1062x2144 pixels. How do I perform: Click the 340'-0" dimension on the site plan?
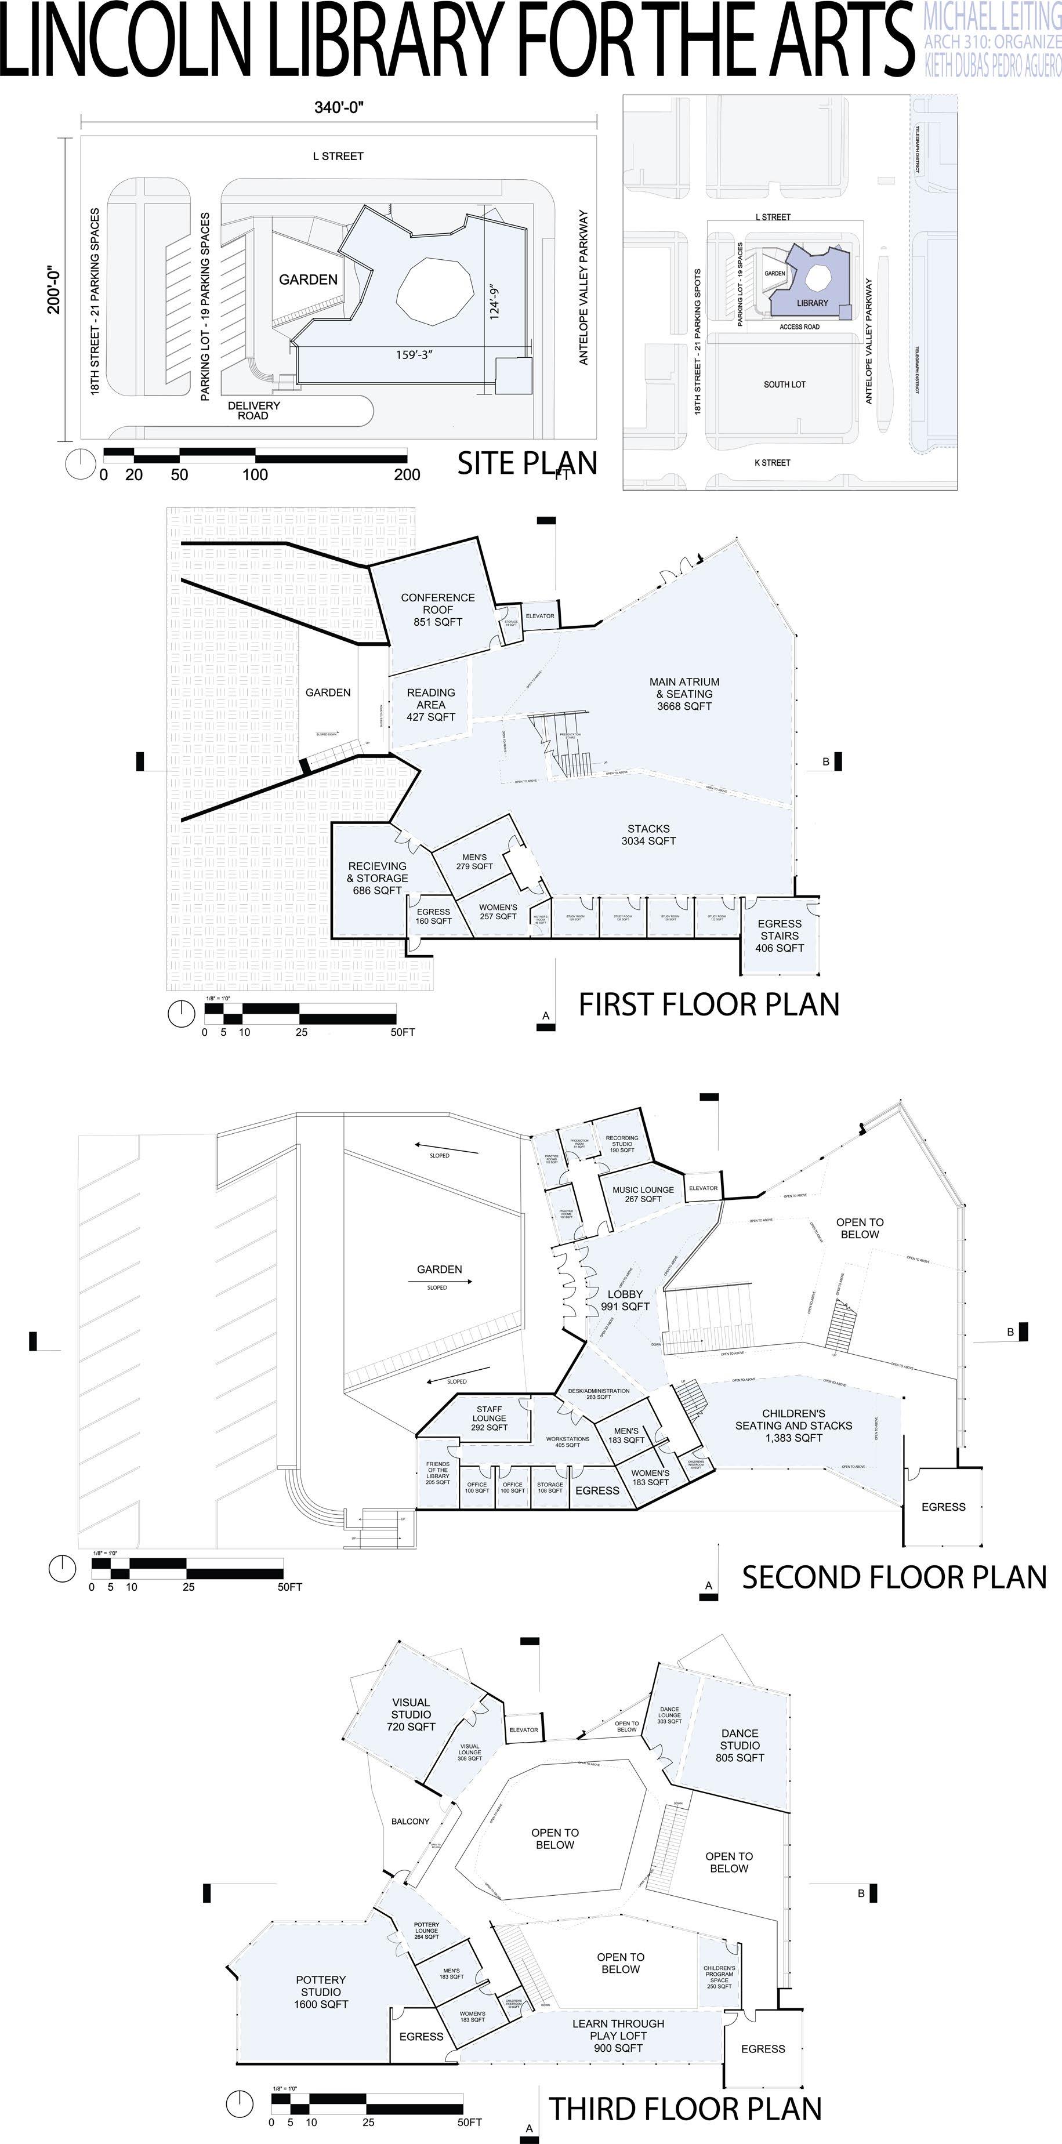coord(339,107)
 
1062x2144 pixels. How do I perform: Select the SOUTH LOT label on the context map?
coord(784,384)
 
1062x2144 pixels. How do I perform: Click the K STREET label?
coord(771,463)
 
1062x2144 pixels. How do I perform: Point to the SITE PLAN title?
coord(527,463)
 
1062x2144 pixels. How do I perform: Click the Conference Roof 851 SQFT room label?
coord(438,610)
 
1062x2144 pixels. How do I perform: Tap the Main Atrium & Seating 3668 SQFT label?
coord(684,694)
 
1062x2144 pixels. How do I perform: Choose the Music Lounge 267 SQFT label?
coord(643,1194)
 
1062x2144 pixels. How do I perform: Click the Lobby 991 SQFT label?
coord(625,1300)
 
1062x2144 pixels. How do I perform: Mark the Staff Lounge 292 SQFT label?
coord(490,1419)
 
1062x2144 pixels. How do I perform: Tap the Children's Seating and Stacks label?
coord(793,1425)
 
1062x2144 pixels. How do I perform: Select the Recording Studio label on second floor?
coord(622,1144)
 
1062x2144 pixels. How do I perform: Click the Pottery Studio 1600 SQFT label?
coord(320,1991)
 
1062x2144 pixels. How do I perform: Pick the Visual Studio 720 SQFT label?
coord(411,1714)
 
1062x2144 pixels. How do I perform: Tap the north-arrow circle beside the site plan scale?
coord(81,463)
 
